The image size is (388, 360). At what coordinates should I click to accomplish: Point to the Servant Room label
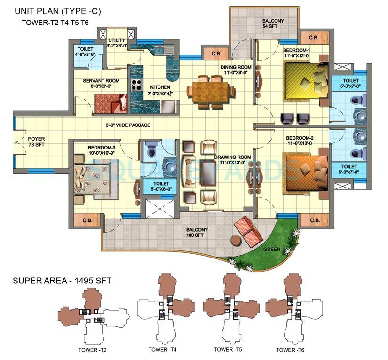click(101, 84)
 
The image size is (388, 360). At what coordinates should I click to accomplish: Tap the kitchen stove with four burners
click(137, 85)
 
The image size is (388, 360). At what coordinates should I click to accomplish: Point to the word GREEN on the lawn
click(272, 249)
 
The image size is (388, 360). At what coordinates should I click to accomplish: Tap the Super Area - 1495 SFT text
click(62, 281)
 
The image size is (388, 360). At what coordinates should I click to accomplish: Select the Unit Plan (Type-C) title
click(58, 11)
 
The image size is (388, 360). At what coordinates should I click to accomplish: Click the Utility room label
click(117, 43)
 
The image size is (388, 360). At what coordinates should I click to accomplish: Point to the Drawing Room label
click(232, 160)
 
